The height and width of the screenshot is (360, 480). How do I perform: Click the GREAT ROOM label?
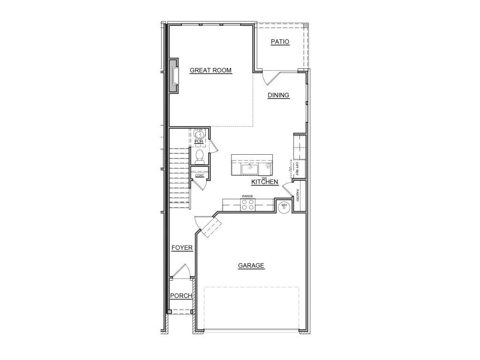210,70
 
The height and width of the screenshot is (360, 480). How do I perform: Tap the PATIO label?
280,42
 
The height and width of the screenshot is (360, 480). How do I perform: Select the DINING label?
278,95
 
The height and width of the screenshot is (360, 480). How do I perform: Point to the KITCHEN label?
265,182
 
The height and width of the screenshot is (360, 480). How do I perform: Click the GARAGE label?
251,266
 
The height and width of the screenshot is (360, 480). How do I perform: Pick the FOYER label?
182,247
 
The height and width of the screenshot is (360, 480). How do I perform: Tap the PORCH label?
180,296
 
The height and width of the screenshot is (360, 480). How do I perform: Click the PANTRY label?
297,195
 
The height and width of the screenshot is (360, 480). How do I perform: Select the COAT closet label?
200,175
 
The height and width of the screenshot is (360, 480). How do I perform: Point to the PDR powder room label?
199,141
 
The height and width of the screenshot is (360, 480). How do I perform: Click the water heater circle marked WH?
284,206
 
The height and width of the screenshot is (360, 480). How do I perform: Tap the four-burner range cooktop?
248,204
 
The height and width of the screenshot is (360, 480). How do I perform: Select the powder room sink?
199,134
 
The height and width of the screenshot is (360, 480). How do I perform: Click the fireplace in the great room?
174,75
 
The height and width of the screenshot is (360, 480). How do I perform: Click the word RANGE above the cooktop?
247,196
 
